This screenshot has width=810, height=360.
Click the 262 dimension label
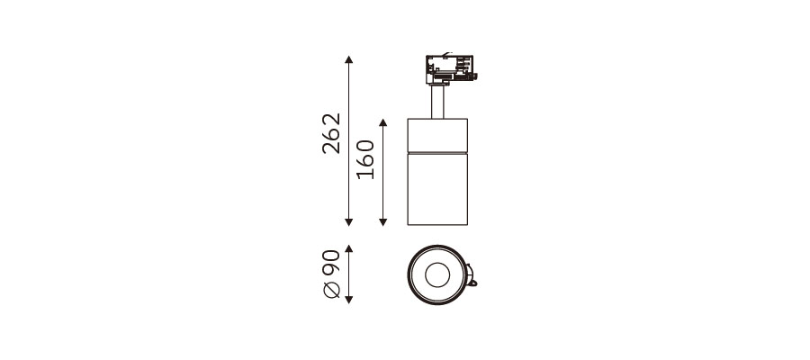pos(331,133)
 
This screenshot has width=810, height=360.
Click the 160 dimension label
pos(365,159)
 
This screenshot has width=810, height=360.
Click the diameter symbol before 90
pos(331,292)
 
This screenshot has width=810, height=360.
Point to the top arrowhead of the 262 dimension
pos(348,59)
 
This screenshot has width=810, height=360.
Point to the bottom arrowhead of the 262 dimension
pos(348,222)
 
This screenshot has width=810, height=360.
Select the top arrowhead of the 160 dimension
pos(382,122)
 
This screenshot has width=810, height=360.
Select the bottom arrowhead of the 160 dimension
pos(382,222)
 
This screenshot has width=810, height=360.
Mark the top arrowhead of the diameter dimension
pos(348,249)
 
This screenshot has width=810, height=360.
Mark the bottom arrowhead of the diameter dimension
pos(348,300)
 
